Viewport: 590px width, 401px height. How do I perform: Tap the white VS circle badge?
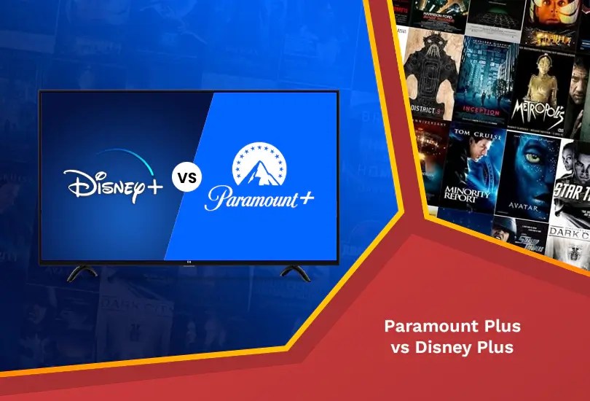tap(186, 176)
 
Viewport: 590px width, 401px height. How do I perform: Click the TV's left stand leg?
tap(82, 273)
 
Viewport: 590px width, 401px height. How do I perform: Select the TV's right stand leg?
tap(295, 273)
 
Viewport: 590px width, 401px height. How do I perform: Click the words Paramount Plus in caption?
tap(452, 326)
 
